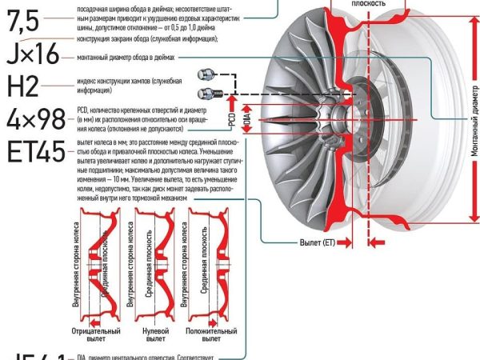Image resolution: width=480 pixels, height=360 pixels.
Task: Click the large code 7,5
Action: (x=22, y=22)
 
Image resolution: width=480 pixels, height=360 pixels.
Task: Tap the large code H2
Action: (x=23, y=87)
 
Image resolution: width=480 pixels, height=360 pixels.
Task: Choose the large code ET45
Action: (x=34, y=152)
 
